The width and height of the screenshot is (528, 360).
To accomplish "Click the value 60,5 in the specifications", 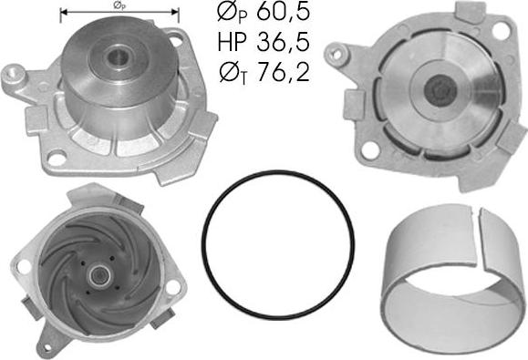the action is click(x=283, y=13).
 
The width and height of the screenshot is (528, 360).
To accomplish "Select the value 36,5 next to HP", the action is click(x=283, y=42).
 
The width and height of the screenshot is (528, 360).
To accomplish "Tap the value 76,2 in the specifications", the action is click(x=283, y=71).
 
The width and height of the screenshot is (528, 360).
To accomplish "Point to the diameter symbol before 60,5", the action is click(x=227, y=12).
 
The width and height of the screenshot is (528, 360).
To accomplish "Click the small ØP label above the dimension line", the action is click(x=119, y=5).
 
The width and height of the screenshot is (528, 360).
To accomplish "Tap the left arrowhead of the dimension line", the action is click(x=64, y=13).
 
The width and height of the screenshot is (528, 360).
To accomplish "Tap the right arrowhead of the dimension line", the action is click(x=174, y=13).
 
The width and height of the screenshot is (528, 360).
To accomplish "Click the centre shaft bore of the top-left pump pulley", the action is click(x=118, y=57).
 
